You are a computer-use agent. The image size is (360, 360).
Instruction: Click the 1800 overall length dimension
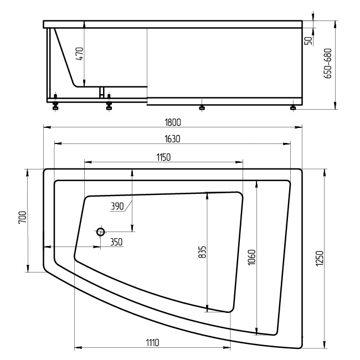173,122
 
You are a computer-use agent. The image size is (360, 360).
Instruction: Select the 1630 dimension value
172,139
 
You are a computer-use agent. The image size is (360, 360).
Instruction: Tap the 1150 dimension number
163,157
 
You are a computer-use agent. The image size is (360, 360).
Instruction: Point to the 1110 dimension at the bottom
152,343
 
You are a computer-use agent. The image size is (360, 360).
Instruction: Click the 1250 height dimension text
320,258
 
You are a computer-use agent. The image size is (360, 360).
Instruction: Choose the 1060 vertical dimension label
251,257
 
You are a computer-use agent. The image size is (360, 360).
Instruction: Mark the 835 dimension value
202,252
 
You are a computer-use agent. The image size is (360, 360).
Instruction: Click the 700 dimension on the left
23,218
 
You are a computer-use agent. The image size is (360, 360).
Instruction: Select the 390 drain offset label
117,207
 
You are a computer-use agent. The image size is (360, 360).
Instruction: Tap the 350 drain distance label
116,242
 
